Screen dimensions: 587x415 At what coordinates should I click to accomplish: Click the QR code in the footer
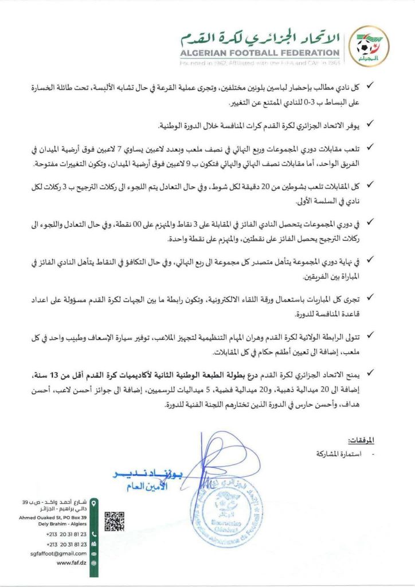pos(115,520)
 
